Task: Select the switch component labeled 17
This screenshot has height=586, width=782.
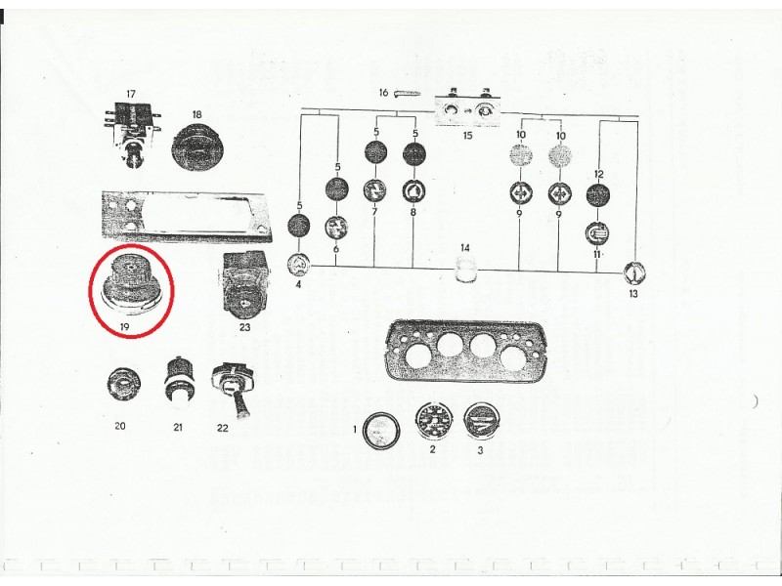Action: point(130,127)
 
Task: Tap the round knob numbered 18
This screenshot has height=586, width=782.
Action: point(198,150)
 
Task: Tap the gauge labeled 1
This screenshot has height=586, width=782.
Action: point(378,430)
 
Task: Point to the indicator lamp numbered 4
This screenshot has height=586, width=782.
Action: point(299,264)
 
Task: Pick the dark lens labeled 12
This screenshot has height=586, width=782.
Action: point(598,196)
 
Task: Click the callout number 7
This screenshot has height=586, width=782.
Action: point(373,211)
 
